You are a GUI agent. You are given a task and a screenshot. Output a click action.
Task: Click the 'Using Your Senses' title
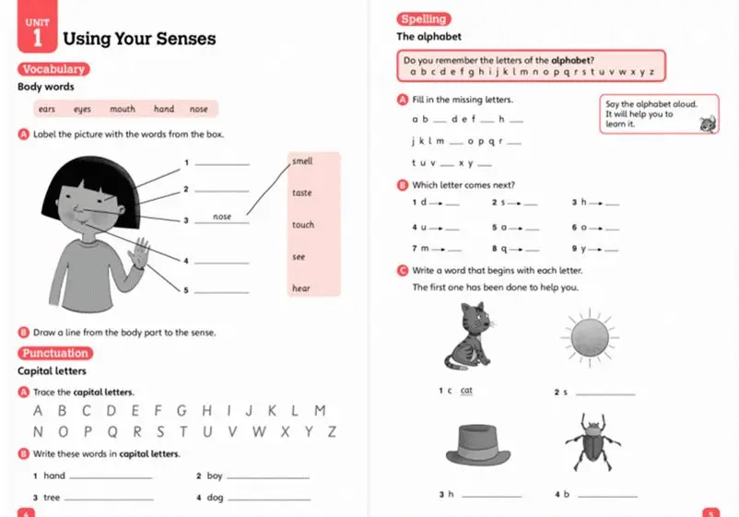coord(139,39)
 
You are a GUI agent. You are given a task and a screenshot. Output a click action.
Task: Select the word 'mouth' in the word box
coord(123,109)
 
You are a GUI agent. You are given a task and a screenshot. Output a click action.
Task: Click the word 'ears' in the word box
coord(47,109)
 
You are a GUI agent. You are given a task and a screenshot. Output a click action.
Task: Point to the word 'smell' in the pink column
coord(302,161)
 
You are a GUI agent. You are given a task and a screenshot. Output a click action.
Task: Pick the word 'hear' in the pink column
coord(301,288)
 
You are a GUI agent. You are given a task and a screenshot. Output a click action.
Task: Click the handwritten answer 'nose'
coord(222,217)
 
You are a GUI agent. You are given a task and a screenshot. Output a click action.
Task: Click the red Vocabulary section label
coord(53,69)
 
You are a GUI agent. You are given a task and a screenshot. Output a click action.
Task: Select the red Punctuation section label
coord(55,353)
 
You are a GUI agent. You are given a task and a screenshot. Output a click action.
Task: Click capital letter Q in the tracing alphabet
coord(112,431)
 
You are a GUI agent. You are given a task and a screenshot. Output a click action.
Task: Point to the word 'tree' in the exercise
coord(53,498)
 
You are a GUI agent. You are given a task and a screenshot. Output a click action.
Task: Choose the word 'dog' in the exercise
coord(216,498)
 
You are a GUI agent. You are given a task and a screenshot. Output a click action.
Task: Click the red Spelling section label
coord(424,18)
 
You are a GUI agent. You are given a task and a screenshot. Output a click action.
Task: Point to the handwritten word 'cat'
coord(466,391)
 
